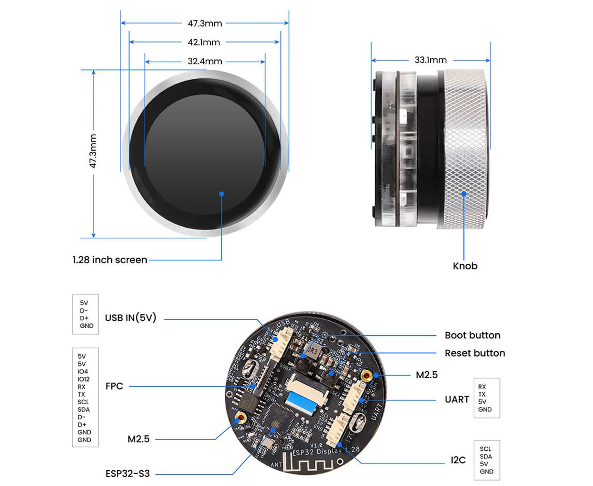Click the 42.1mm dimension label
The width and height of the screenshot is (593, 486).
(204, 42)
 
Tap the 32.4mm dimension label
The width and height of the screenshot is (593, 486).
(205, 61)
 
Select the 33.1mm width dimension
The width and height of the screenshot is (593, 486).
(430, 60)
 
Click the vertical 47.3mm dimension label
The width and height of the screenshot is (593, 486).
(93, 151)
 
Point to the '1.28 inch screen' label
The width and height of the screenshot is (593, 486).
(110, 260)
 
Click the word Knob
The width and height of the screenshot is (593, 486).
(465, 266)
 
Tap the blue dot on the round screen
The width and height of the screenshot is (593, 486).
(221, 194)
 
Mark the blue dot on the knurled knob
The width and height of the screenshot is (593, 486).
(464, 193)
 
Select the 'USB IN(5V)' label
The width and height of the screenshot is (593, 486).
(131, 318)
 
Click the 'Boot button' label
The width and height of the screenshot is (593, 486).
(472, 335)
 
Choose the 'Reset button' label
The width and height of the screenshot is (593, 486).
(474, 353)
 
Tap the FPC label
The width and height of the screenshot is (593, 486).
(114, 386)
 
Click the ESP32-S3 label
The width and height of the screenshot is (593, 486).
(127, 474)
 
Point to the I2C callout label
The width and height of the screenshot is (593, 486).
(458, 460)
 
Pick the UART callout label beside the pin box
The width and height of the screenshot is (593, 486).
(457, 399)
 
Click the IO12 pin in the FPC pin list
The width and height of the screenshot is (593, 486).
(83, 379)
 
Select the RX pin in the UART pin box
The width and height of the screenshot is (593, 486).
(482, 386)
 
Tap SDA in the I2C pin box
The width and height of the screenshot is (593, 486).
(486, 456)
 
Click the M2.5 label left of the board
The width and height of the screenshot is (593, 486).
(138, 439)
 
